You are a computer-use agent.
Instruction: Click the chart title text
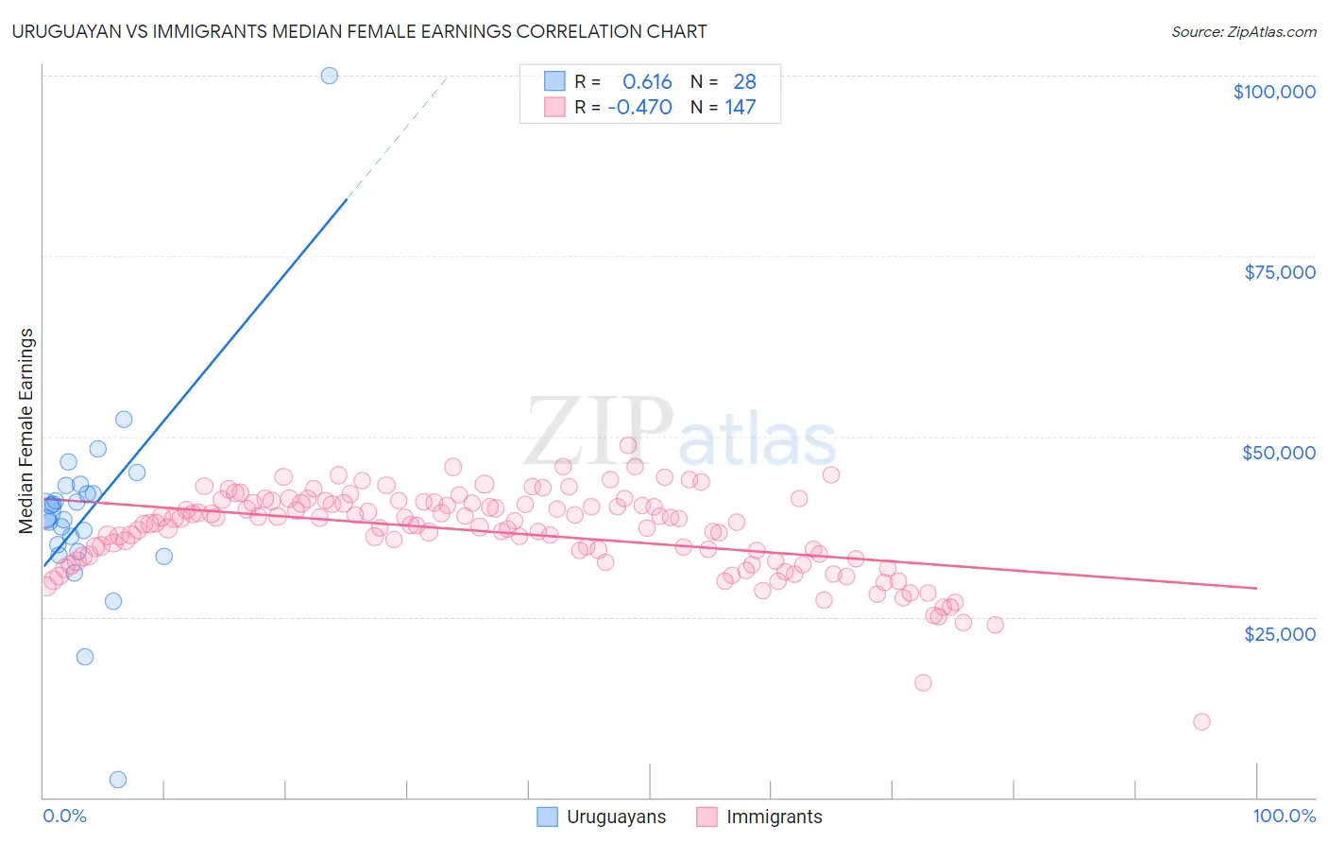pos(359,31)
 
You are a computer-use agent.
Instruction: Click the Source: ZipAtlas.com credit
pos(1243,31)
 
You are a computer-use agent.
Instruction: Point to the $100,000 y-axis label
pos(1273,92)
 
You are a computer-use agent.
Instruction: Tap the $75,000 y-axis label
pos(1279,272)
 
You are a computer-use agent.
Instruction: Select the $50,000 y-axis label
pos(1278,453)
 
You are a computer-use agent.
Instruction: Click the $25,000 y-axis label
pos(1279,633)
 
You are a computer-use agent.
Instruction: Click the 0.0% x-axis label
pos(64,816)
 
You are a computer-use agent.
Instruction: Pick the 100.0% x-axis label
pos(1284,816)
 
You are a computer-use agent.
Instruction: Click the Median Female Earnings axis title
pos(26,431)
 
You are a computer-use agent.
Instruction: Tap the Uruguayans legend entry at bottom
pos(615,817)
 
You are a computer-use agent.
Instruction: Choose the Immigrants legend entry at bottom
pos(774,817)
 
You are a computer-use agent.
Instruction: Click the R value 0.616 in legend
pos(647,82)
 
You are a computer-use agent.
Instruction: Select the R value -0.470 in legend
pos(639,107)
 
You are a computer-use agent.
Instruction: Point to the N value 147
pos(741,107)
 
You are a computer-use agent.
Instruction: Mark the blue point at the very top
pos(329,76)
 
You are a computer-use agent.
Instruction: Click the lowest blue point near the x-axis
pos(118,780)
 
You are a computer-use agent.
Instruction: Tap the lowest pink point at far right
pos(1201,722)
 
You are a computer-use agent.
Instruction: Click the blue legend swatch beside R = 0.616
pos(554,82)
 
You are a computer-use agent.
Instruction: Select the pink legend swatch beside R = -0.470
pos(554,107)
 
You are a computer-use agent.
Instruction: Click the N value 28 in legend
pos(744,82)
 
